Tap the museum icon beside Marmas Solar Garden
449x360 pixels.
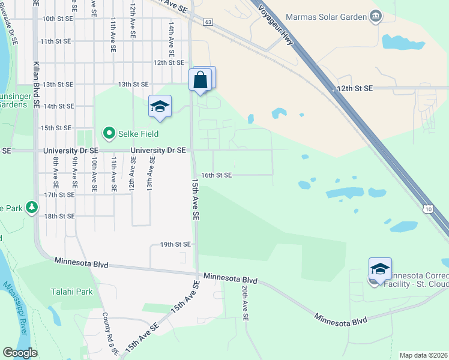[x=376, y=16]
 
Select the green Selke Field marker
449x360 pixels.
[x=109, y=133]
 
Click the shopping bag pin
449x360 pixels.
[x=200, y=80]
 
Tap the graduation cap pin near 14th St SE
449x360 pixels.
[x=160, y=107]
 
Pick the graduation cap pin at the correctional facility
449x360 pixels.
[x=380, y=269]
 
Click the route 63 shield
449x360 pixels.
[x=208, y=22]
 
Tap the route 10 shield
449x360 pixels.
[x=427, y=209]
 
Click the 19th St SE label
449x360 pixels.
[x=175, y=244]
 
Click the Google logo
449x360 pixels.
[x=20, y=353]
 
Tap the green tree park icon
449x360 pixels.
[x=31, y=208]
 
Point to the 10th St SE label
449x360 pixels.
[x=57, y=19]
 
